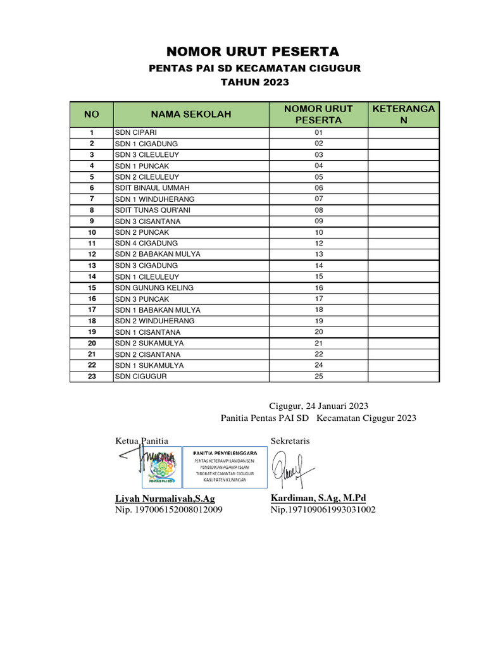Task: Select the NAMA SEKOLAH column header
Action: coord(190,115)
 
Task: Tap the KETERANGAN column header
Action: coord(404,115)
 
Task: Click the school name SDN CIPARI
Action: coord(131,133)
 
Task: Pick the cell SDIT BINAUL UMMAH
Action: coord(152,188)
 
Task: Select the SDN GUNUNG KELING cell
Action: coord(154,288)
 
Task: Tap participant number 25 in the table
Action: coord(318,377)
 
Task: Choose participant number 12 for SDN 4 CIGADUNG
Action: coord(318,244)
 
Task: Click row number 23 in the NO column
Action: coord(92,377)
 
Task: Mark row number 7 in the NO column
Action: coord(92,199)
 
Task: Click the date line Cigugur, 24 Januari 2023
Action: coord(318,406)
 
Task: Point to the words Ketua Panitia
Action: coord(142,440)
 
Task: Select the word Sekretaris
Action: coord(290,440)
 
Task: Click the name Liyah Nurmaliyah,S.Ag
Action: coord(165,499)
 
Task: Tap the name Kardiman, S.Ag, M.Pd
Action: coord(318,498)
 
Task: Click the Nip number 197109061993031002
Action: coord(323,509)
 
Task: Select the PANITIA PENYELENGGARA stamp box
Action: coord(225,467)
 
